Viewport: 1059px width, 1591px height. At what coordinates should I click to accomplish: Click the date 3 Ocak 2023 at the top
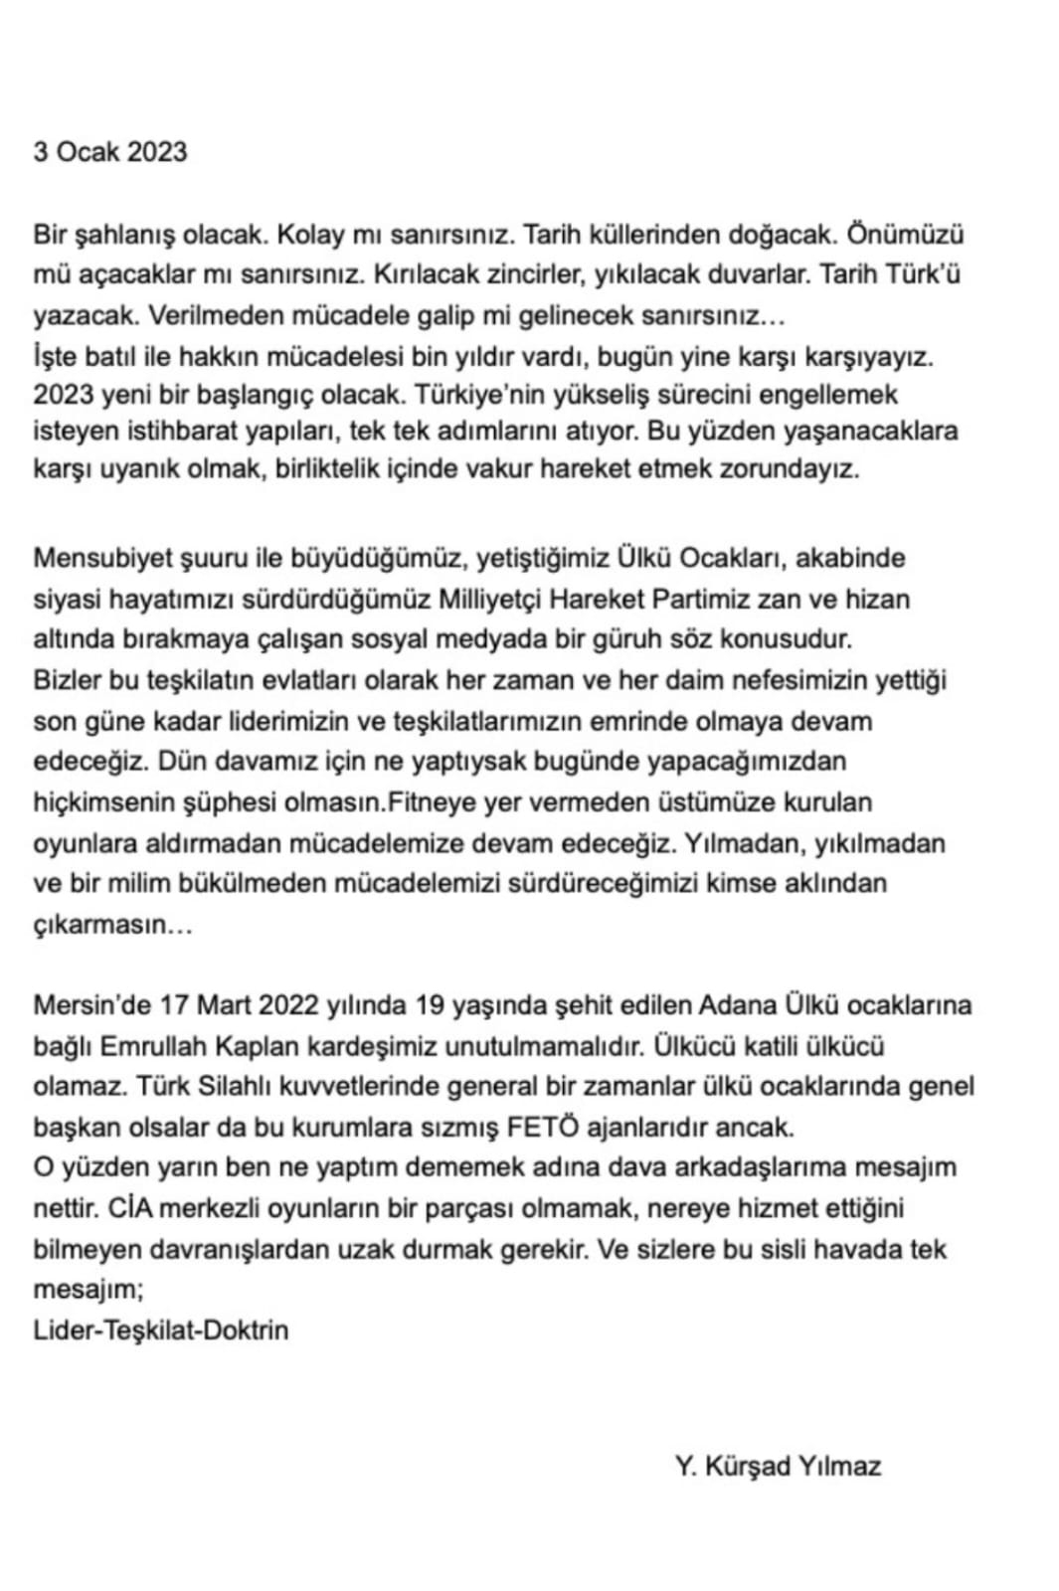click(110, 151)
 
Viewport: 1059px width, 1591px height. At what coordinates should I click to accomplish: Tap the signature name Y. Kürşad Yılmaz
click(778, 1466)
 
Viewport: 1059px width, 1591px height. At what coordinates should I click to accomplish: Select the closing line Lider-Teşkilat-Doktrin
click(161, 1329)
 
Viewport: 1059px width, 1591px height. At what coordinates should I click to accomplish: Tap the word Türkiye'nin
click(477, 394)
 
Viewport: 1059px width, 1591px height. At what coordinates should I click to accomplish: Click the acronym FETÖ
click(543, 1128)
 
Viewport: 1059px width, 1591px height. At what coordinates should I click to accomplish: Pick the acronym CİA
click(129, 1208)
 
